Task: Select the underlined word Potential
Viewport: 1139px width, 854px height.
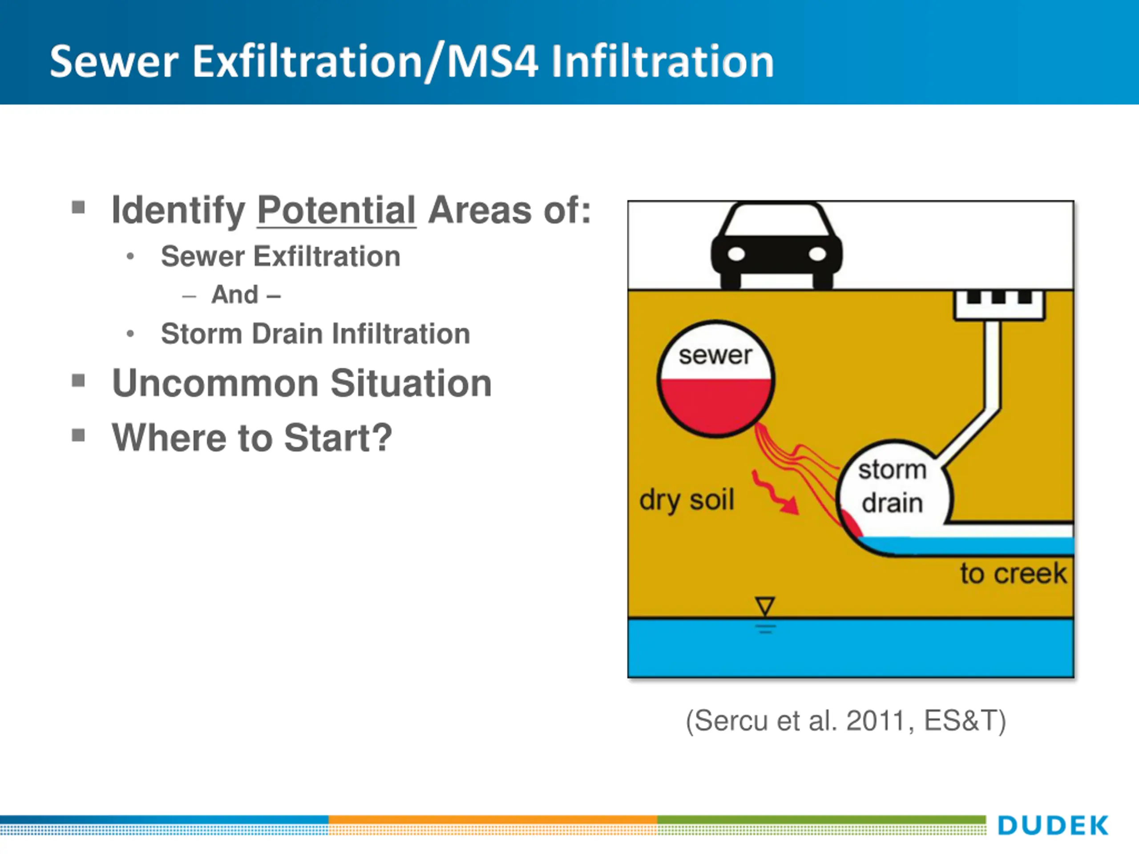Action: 336,210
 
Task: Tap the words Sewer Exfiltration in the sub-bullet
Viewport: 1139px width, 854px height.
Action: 281,256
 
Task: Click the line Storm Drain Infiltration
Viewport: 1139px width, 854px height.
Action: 315,334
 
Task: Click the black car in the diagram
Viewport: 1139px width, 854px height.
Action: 776,245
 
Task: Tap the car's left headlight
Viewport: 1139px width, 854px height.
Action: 736,254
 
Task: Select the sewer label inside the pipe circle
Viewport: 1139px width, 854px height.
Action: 715,355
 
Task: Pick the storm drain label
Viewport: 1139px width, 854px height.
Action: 893,487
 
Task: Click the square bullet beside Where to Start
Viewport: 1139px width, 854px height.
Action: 78,435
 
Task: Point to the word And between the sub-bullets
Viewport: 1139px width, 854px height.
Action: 235,295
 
